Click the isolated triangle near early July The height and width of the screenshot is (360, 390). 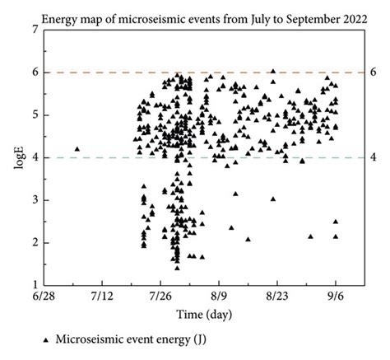click(x=77, y=149)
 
